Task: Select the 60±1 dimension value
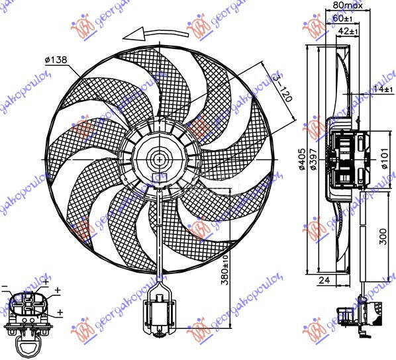[342, 18]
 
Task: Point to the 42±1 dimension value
[348, 30]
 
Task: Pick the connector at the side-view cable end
[361, 311]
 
